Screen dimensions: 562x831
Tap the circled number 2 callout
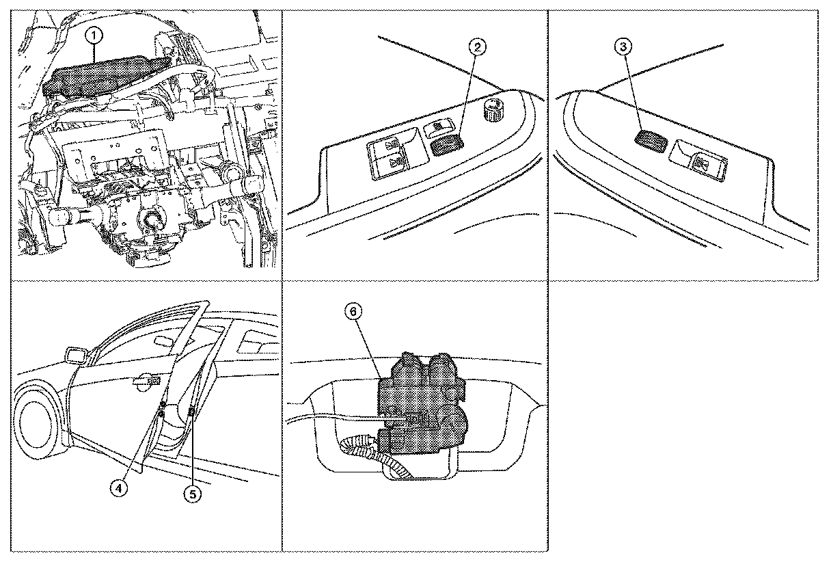(478, 47)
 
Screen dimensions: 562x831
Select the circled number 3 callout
(623, 47)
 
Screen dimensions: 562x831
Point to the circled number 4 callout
(120, 488)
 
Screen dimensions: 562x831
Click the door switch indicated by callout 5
(191, 411)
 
